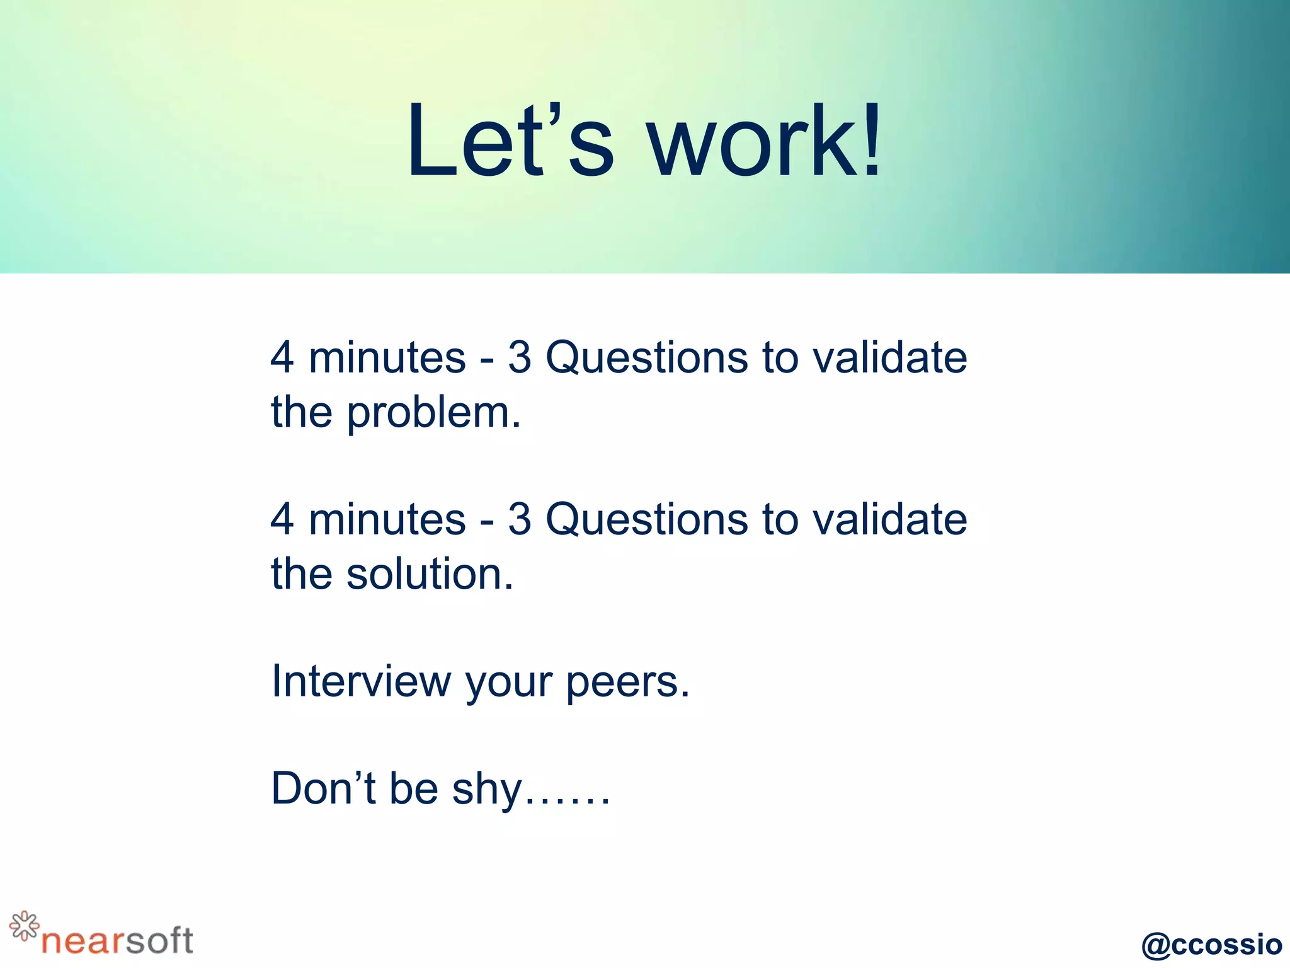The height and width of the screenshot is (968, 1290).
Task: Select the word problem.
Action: (x=434, y=413)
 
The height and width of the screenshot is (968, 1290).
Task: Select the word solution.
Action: (x=430, y=575)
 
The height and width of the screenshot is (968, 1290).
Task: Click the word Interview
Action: (x=361, y=681)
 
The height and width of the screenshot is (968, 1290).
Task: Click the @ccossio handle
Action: (x=1211, y=944)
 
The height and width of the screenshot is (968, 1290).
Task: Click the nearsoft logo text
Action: (x=117, y=941)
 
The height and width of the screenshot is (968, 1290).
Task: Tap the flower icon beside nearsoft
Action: (x=24, y=926)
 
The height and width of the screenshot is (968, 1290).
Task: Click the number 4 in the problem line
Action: (x=282, y=357)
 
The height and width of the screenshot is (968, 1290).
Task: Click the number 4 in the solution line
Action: (x=282, y=519)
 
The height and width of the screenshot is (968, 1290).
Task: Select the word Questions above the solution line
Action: (x=648, y=521)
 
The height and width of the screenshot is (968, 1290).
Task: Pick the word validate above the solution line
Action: (x=889, y=519)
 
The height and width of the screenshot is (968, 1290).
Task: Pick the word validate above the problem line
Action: (x=889, y=357)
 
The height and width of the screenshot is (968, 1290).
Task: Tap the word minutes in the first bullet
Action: (x=387, y=357)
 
